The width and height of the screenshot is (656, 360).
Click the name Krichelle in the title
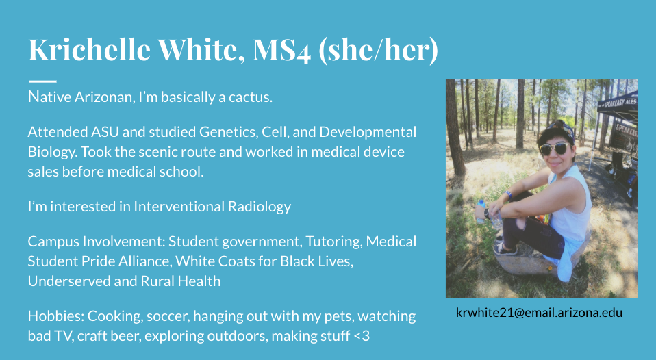click(x=89, y=49)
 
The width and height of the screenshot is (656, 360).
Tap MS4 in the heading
click(x=281, y=50)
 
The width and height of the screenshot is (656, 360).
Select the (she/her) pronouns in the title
click(x=378, y=50)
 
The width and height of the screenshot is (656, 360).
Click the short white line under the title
click(x=42, y=81)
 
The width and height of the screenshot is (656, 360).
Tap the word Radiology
click(x=260, y=207)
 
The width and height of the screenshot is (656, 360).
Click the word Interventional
click(x=179, y=206)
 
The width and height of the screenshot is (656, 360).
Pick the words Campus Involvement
click(x=97, y=241)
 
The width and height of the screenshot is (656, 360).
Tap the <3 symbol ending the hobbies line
click(x=362, y=336)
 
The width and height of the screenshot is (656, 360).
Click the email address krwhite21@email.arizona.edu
click(x=539, y=312)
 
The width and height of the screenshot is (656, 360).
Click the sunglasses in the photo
click(x=555, y=149)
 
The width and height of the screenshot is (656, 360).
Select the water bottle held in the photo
click(x=481, y=210)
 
